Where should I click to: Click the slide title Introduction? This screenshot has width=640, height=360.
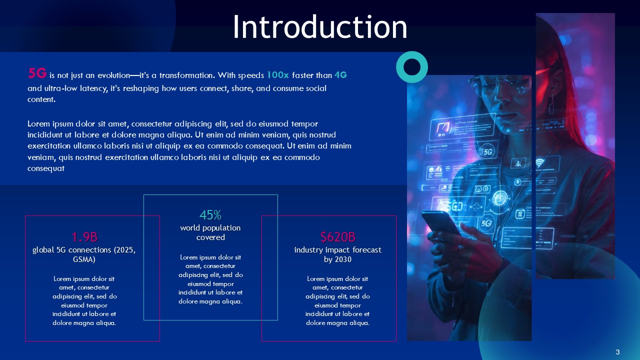tap(319, 27)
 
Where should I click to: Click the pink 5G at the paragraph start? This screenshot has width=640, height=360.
tap(37, 74)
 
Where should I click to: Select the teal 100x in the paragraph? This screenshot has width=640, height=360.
tap(277, 75)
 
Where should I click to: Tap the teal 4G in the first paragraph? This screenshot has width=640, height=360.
tap(340, 75)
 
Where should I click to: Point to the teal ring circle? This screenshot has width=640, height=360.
tap(412, 66)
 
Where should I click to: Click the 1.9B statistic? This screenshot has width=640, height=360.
tap(84, 236)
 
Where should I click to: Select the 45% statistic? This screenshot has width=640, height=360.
tap(210, 215)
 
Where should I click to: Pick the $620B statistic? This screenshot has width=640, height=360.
tap(337, 236)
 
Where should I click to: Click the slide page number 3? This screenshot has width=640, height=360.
tap(617, 352)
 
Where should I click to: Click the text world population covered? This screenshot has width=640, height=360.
tap(210, 232)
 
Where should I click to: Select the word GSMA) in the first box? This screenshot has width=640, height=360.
tap(84, 260)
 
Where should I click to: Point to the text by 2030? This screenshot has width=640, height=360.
tap(337, 260)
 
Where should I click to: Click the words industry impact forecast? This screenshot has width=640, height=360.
tap(337, 249)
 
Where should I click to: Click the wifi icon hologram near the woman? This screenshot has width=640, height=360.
tap(540, 163)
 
